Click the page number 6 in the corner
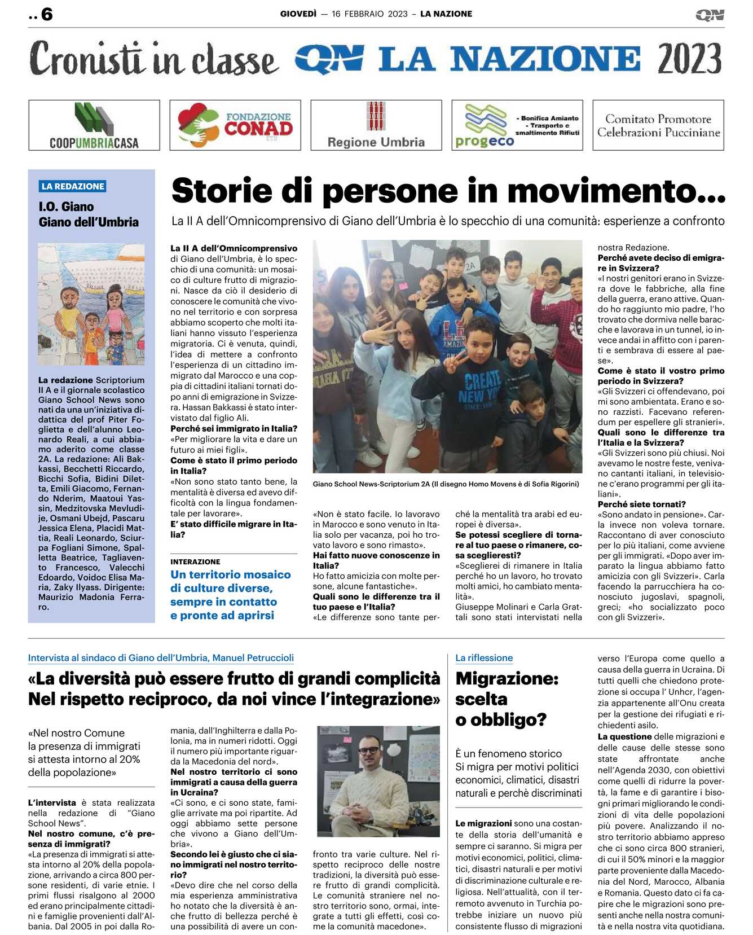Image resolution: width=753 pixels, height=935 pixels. point(46,14)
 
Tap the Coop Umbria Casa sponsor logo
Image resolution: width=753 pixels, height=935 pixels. point(94,125)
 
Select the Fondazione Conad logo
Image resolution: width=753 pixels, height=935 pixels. point(235,125)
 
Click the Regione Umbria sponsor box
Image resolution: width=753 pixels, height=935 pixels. point(376,125)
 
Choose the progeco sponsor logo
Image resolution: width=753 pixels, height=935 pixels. point(517,125)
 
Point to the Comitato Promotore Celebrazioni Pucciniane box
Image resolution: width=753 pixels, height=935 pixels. point(658,125)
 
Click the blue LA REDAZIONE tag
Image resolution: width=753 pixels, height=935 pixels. point(73,186)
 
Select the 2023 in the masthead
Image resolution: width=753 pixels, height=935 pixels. point(689,59)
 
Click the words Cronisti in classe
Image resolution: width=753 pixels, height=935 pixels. point(153,59)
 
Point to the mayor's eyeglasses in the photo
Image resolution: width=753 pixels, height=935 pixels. point(369,750)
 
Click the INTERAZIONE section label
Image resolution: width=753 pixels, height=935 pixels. point(195,561)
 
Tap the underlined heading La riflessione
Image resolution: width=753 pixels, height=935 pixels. point(484,658)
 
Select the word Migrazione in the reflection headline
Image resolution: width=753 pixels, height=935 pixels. point(507,678)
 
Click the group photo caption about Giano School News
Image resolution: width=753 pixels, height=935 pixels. point(446,484)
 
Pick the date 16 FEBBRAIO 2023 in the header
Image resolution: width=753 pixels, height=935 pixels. point(369,14)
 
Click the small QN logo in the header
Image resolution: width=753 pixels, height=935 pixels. point(710,15)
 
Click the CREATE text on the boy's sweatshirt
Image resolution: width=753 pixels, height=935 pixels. point(482,378)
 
